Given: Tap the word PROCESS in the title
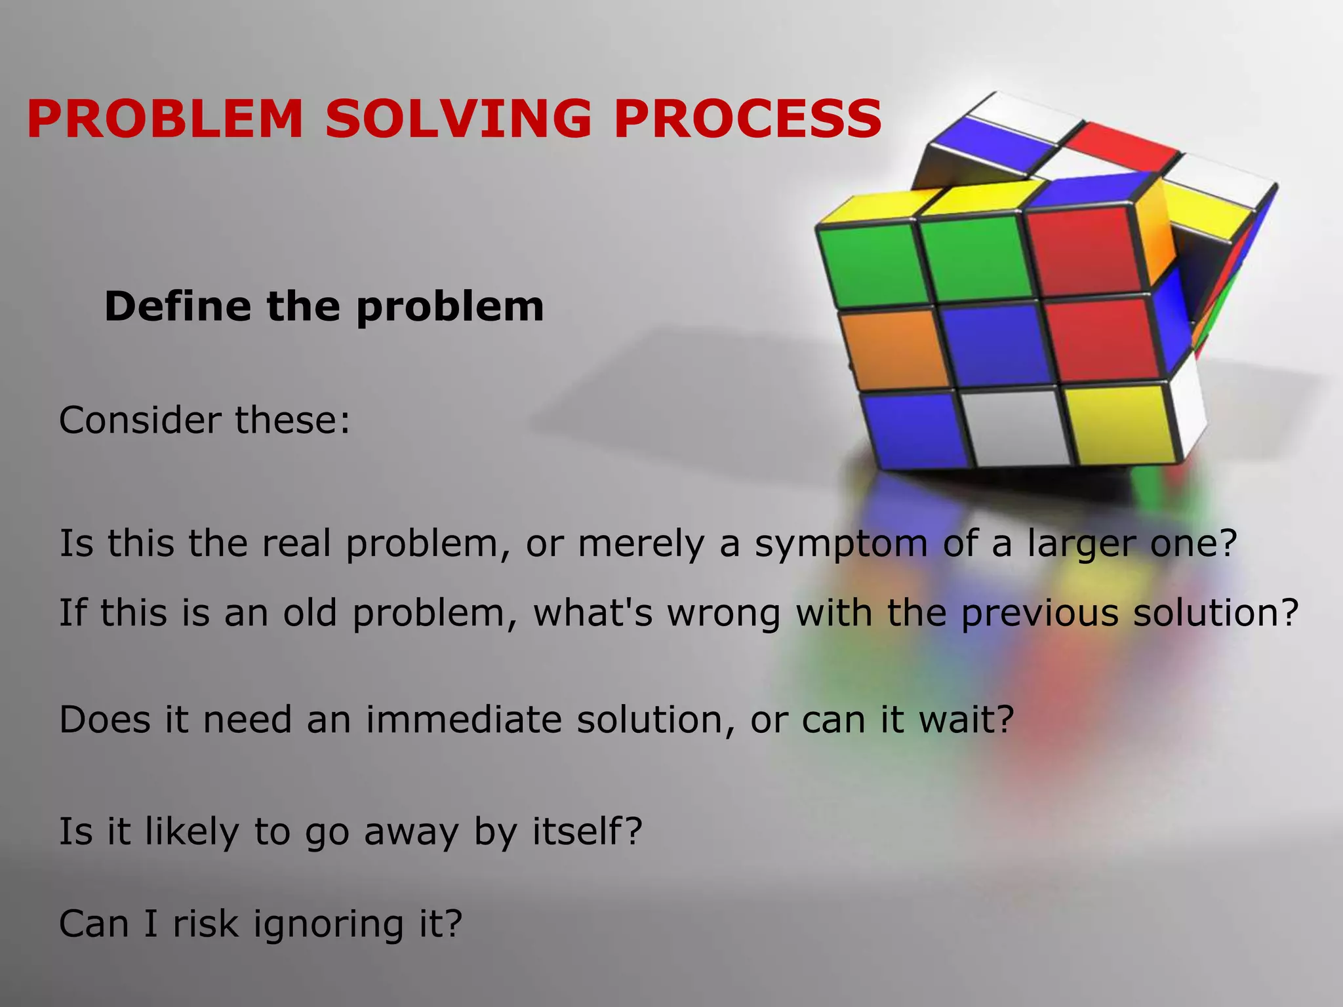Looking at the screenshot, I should (x=748, y=119).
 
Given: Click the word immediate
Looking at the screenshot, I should (x=464, y=719).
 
